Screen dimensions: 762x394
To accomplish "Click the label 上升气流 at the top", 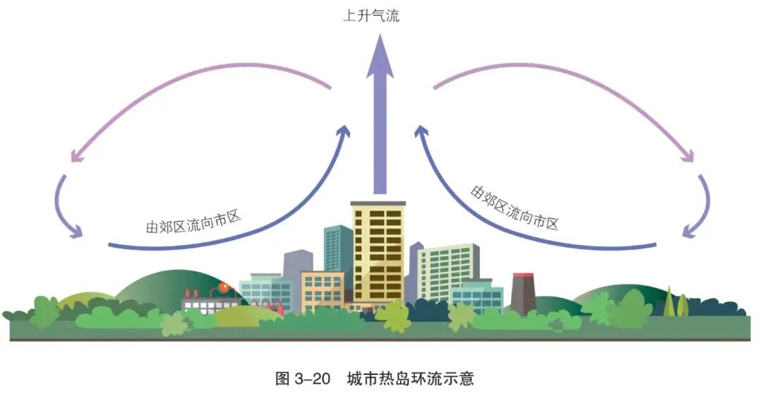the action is point(371,16).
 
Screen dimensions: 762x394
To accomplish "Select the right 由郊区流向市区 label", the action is point(514,208).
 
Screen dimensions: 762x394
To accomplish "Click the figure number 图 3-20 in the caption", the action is point(303,378).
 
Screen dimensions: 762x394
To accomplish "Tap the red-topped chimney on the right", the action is point(523,291).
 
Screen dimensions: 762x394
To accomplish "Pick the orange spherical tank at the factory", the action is point(224,287).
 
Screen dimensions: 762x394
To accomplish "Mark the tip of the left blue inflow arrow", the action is point(345,132).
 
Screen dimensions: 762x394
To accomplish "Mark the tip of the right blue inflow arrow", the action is point(421,132).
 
